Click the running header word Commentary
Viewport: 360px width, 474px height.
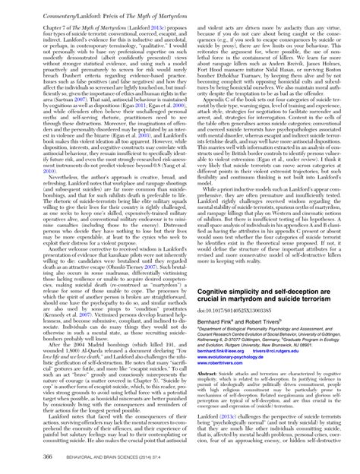[x=36, y=8]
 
